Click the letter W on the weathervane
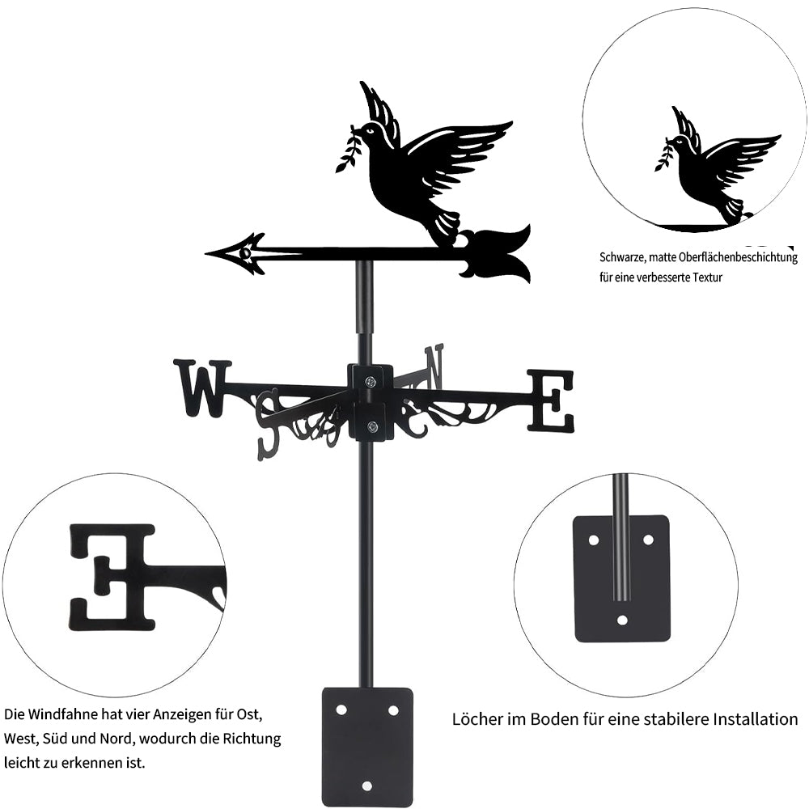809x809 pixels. pos(202,388)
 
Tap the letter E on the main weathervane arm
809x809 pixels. pos(550,400)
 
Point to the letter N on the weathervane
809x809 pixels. pos(434,367)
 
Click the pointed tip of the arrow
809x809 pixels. pos(206,254)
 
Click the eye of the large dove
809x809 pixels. pos(370,131)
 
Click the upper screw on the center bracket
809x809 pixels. pos(370,382)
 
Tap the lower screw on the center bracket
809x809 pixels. pos(371,426)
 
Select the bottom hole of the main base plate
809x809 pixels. pos(366,786)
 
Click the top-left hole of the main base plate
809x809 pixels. pos(341,710)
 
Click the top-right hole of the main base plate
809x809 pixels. pos(393,710)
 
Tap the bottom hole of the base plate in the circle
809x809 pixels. pos(623,620)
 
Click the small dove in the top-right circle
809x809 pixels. pos(717,165)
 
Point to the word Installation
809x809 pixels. pos(756,718)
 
